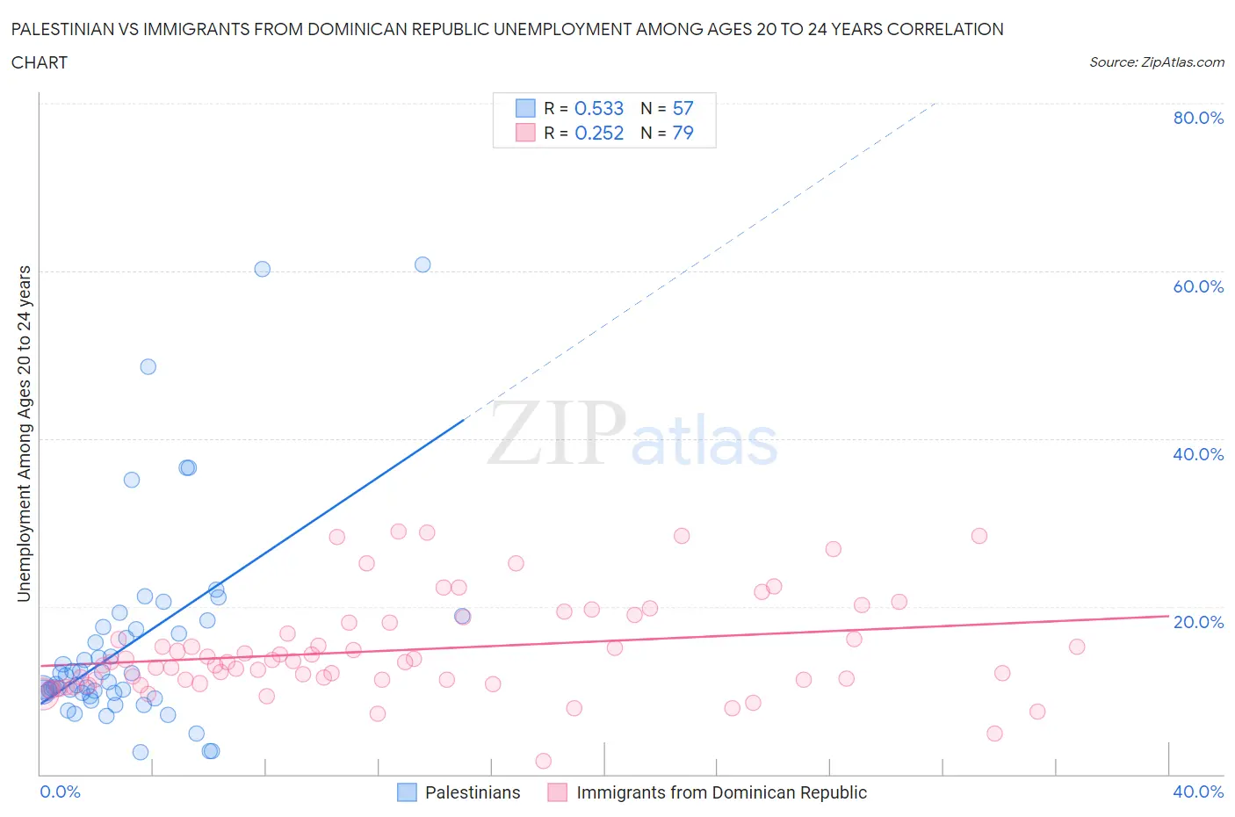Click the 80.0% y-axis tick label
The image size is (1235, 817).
(x=1198, y=118)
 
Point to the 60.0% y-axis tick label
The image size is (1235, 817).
(x=1198, y=286)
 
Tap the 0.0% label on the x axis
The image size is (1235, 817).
(x=60, y=792)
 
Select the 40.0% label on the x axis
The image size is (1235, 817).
(x=1198, y=792)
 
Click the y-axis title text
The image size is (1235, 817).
(x=24, y=434)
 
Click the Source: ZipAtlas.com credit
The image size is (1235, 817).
(x=1156, y=61)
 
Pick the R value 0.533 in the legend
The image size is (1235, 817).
(x=599, y=108)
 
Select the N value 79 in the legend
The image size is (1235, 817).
(x=682, y=133)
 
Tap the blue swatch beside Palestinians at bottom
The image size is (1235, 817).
(x=407, y=792)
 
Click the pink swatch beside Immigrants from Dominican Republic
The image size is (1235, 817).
(x=558, y=792)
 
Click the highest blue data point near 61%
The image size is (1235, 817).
(x=422, y=264)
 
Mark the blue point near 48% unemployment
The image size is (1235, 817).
(x=148, y=366)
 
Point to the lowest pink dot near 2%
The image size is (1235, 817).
(x=543, y=761)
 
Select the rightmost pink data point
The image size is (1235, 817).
(x=1077, y=647)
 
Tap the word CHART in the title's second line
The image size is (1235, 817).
(x=40, y=62)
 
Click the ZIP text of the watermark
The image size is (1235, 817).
(x=556, y=432)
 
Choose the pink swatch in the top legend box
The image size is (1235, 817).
(x=525, y=133)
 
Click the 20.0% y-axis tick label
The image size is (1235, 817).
(x=1198, y=622)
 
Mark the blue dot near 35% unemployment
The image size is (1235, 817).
(x=132, y=480)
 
